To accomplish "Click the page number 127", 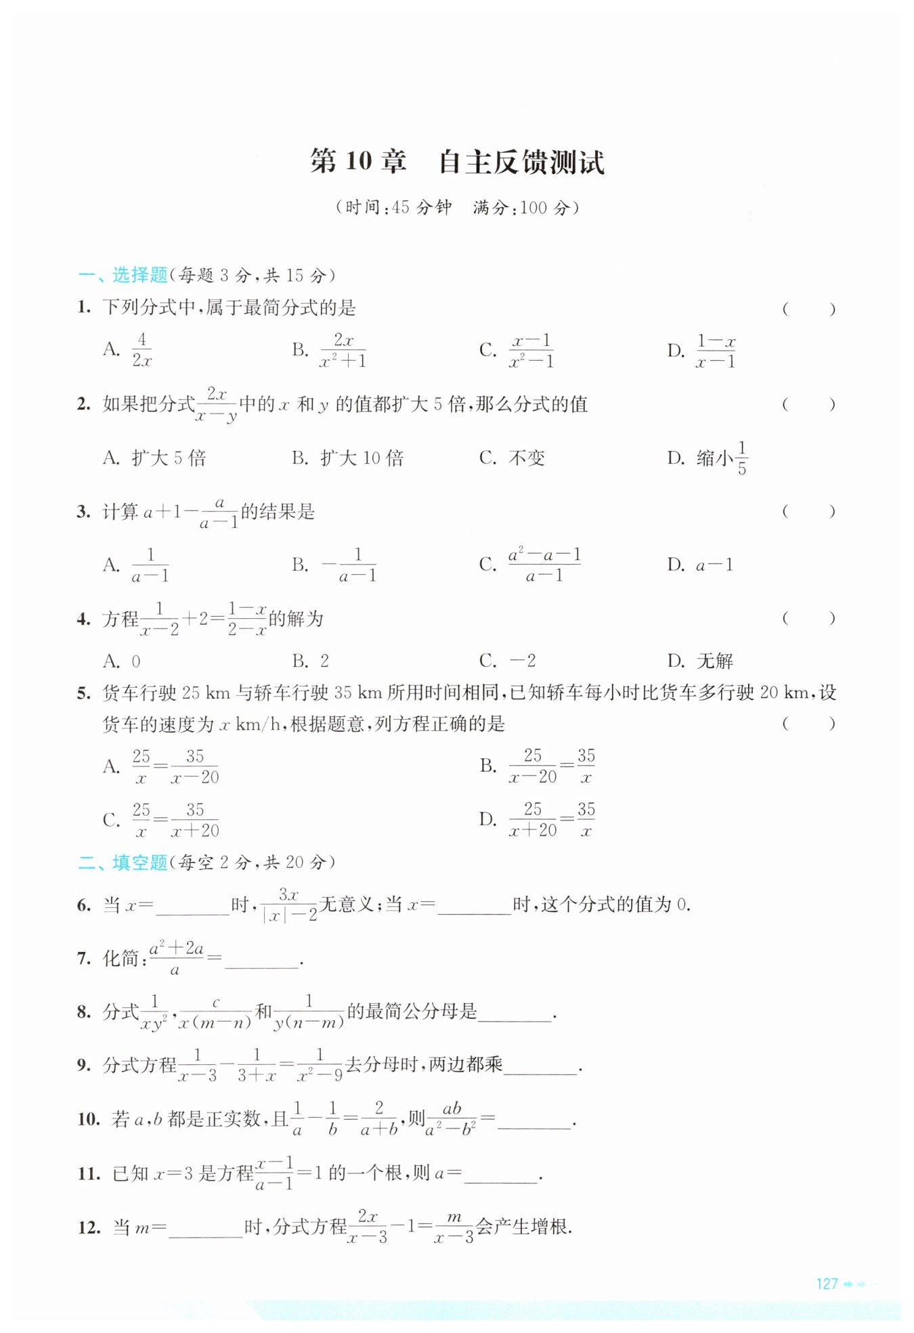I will point(827,1284).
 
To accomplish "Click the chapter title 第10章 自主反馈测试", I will point(457,162).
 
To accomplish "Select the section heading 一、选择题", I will point(123,275).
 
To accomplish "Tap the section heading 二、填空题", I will point(123,862).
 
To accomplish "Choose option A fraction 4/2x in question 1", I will point(142,350).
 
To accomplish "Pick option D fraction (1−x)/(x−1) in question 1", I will point(716,351).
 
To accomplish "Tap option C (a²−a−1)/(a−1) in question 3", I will point(544,565).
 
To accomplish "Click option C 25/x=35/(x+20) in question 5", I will point(175,820).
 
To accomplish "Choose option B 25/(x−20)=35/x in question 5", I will point(551,766).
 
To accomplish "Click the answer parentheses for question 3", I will point(808,512).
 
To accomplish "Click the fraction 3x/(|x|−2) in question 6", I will point(289,905).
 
